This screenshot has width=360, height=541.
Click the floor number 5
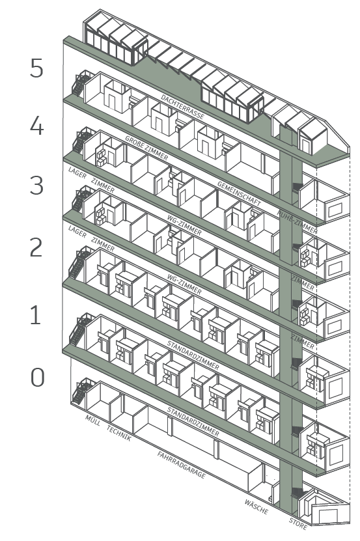point(36,68)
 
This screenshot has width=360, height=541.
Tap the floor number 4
point(36,126)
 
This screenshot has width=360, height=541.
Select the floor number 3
point(36,185)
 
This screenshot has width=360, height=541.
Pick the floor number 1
point(36,314)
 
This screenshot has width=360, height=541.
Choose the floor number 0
point(38,377)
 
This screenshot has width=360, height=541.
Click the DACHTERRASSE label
point(182,107)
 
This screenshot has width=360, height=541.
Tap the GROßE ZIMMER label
point(146,148)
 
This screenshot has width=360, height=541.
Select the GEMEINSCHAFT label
point(239,193)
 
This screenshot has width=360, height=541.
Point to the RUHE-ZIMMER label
point(297,222)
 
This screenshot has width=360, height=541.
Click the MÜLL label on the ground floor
point(92,420)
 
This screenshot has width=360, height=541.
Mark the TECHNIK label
point(119,434)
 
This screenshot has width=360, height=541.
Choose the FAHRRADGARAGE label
point(182,465)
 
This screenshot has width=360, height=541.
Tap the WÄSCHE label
point(256,506)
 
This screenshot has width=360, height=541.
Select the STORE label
point(298,524)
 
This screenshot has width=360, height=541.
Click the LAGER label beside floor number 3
point(77,173)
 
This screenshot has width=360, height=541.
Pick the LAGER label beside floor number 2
point(77,232)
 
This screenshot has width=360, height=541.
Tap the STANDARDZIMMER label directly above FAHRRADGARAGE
point(193,421)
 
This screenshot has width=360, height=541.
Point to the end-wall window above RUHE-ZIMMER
point(335,210)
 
